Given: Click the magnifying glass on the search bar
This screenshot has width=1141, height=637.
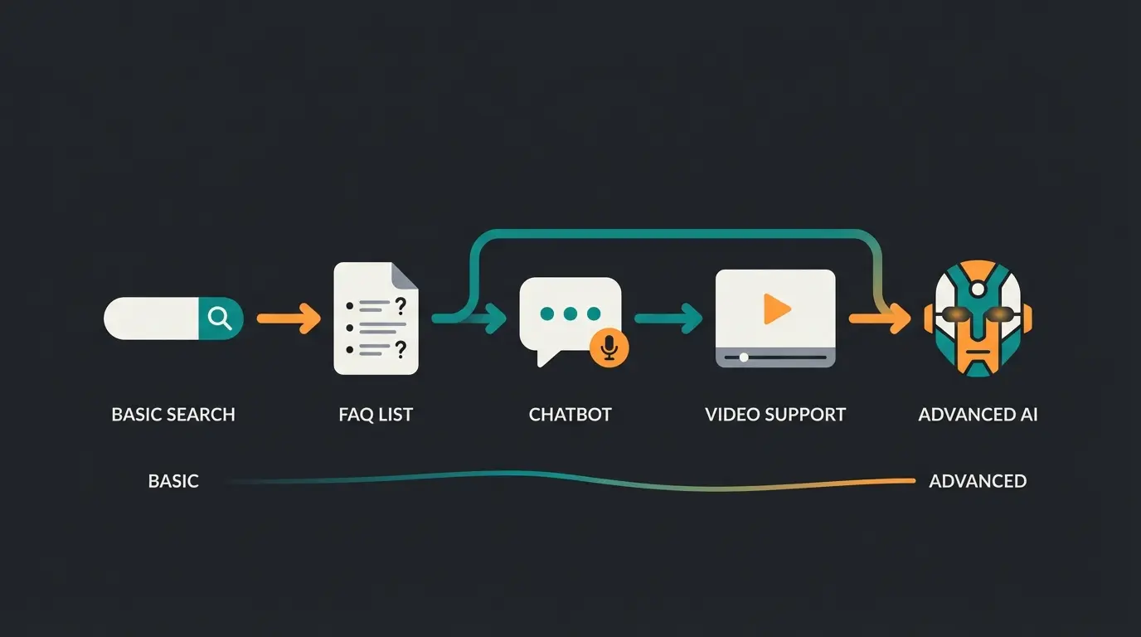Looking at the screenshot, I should tap(220, 318).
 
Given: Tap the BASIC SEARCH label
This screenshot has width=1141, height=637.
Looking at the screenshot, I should tap(173, 414).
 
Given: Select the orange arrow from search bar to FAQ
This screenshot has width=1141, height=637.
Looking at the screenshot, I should tap(289, 318).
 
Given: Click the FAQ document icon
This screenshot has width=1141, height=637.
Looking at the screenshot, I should tap(376, 318).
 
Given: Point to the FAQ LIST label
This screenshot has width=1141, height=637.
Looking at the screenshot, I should tap(376, 414).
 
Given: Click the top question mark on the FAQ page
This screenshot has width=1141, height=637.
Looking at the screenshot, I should tap(401, 305).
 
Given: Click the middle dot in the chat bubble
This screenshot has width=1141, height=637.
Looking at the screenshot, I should tap(570, 314).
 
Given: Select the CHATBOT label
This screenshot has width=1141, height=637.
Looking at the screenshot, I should tap(570, 414).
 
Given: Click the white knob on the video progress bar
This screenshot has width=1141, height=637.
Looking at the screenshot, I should tap(744, 357).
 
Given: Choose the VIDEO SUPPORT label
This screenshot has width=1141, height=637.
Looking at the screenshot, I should tap(775, 414).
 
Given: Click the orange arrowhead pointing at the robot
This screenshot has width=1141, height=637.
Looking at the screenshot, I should tap(900, 318).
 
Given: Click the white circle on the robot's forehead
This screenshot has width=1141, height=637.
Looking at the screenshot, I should tap(978, 289).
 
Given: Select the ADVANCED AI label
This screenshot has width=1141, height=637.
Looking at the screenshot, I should tap(978, 414).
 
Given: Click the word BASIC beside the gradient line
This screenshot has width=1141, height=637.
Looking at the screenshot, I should tap(173, 481).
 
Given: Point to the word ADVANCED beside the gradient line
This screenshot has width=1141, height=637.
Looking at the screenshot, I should tap(978, 481).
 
